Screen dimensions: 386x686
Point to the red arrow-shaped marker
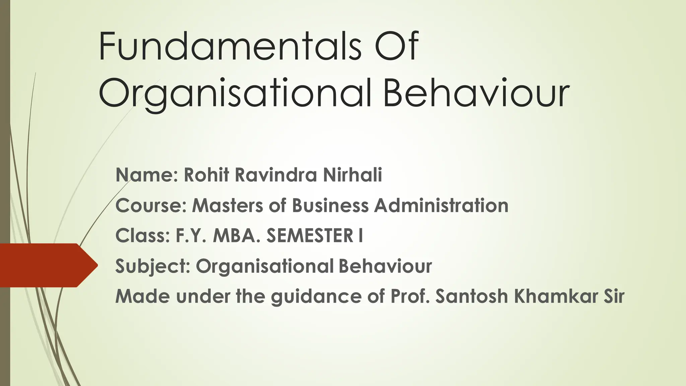tap(47, 265)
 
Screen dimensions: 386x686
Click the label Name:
tap(147, 175)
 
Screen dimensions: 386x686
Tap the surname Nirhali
tap(352, 175)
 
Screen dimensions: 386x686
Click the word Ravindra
tap(276, 175)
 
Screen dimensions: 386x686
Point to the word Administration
tap(441, 205)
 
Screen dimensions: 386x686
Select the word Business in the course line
tap(330, 205)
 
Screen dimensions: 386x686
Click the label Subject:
tap(153, 266)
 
